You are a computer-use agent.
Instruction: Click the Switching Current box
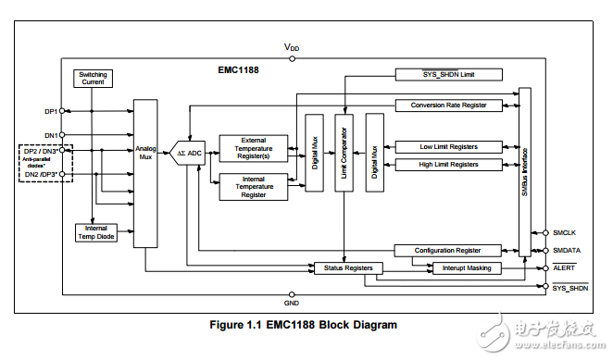coord(94,78)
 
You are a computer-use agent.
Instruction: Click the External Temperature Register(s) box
coord(253,148)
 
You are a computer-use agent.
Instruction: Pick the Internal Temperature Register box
coord(253,186)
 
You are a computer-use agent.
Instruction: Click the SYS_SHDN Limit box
coord(449,73)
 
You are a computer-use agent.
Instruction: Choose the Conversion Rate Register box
coord(449,105)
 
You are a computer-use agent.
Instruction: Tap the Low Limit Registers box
coord(449,146)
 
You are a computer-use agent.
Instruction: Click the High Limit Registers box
coord(449,165)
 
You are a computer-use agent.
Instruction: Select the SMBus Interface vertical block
coord(525,172)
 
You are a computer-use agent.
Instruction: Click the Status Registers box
coord(344,268)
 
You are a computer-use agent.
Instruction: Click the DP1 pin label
coord(52,111)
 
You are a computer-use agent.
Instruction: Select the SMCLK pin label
coord(567,233)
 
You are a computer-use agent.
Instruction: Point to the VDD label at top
coord(292,46)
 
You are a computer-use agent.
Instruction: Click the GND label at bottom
coord(292,303)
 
